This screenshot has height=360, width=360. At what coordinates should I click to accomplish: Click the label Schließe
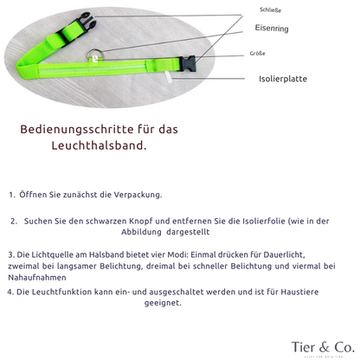[270, 10]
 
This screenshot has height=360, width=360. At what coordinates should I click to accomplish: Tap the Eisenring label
[272, 29]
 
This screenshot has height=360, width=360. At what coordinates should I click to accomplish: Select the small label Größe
[257, 54]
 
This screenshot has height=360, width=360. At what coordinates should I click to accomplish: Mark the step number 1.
[12, 195]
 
